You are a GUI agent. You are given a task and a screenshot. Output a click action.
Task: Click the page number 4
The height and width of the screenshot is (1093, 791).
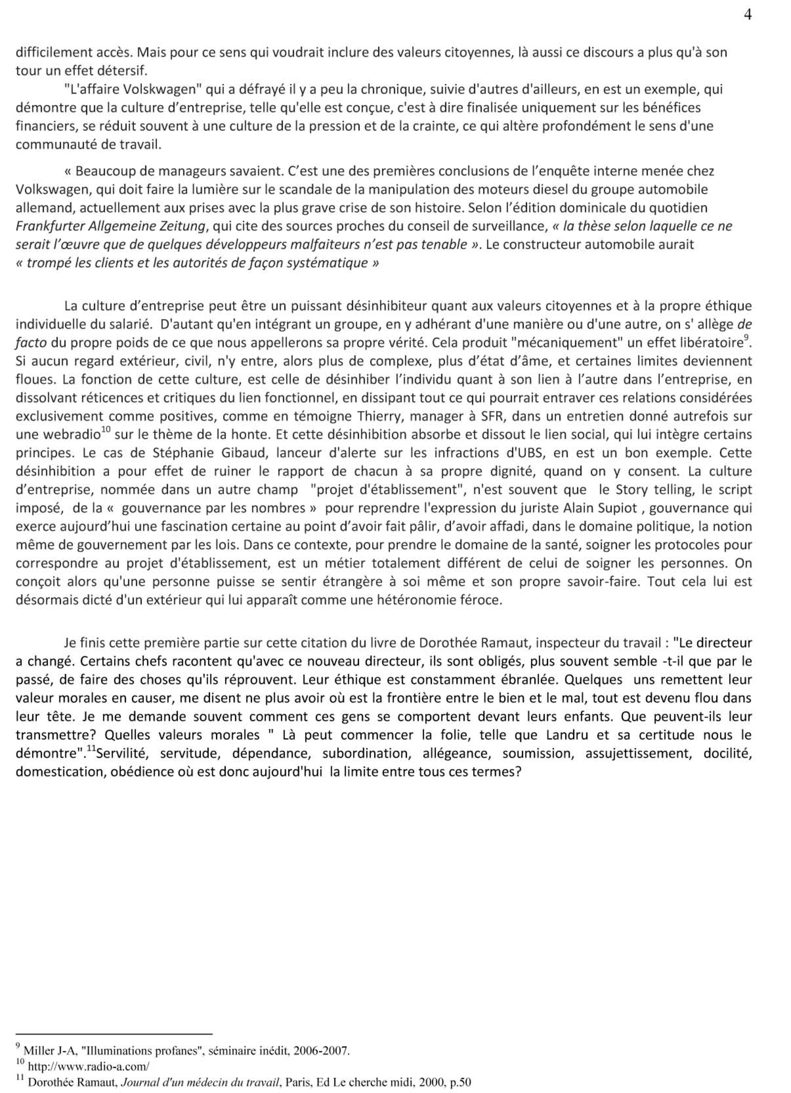747,15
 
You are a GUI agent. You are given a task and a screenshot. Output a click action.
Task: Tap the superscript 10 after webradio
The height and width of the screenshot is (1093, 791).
106,430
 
